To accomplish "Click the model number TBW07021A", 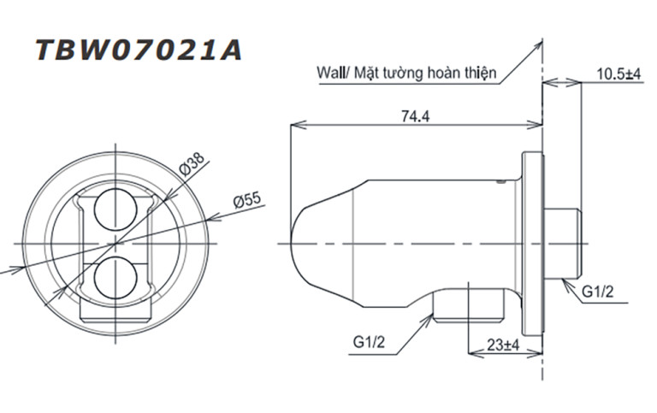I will tap(138, 50).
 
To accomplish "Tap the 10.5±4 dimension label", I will tap(619, 75).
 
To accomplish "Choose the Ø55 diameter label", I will tap(246, 200).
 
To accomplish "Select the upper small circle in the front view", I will tap(113, 209).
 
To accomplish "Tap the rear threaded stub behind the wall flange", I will tap(565, 243).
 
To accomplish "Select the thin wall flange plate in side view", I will tap(535, 243).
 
